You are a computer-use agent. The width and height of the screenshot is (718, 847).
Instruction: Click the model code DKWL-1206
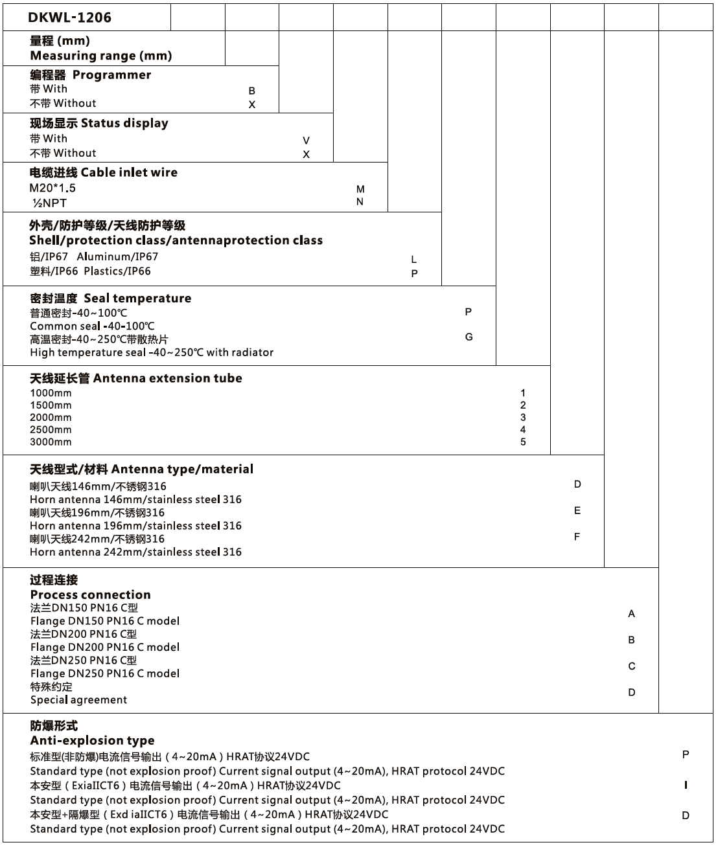click(69, 17)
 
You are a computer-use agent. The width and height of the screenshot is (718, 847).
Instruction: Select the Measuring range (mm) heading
click(100, 56)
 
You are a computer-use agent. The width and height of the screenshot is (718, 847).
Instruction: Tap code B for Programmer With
click(252, 91)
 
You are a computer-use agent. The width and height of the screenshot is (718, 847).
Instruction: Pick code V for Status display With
click(306, 141)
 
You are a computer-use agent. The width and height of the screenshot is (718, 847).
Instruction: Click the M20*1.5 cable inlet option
click(52, 188)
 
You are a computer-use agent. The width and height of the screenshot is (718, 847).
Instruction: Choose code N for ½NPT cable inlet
click(360, 201)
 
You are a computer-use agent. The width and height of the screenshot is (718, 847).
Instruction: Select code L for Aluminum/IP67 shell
click(414, 259)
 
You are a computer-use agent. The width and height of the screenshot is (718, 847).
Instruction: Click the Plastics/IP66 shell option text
click(117, 271)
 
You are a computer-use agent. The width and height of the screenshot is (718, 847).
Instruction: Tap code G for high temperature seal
click(469, 337)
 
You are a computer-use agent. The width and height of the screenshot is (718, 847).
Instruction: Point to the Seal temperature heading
click(137, 299)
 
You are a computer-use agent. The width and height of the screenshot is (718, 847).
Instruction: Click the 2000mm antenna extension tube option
click(51, 418)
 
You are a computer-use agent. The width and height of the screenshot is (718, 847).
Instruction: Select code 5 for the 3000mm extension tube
click(523, 442)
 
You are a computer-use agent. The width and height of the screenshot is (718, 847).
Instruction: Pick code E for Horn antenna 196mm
click(577, 510)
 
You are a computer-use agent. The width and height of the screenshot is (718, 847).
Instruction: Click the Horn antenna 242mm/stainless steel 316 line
click(135, 552)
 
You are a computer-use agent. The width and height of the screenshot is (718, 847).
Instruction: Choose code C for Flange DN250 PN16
click(631, 666)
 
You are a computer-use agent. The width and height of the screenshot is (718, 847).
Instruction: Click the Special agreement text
click(78, 699)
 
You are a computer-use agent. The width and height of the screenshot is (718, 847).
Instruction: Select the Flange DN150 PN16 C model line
click(104, 621)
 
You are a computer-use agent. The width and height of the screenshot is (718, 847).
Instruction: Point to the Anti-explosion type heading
click(92, 740)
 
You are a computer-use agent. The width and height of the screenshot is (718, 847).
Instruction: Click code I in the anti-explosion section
click(686, 785)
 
